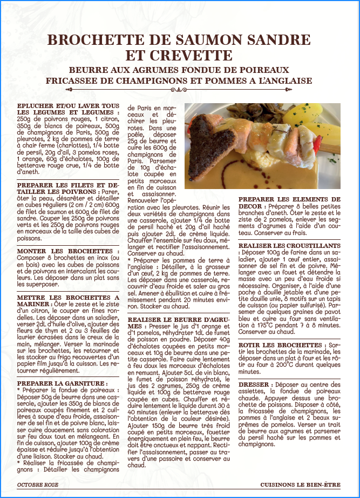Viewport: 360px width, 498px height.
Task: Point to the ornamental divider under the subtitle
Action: point(179,90)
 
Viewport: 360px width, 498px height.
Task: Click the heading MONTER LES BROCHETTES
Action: point(64,251)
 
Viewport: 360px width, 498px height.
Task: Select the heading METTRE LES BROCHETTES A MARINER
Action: point(67,300)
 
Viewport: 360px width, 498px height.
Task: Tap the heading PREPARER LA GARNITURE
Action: point(62,383)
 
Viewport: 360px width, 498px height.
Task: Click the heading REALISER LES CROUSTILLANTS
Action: point(289,246)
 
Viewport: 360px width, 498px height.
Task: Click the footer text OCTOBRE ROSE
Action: point(38,485)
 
